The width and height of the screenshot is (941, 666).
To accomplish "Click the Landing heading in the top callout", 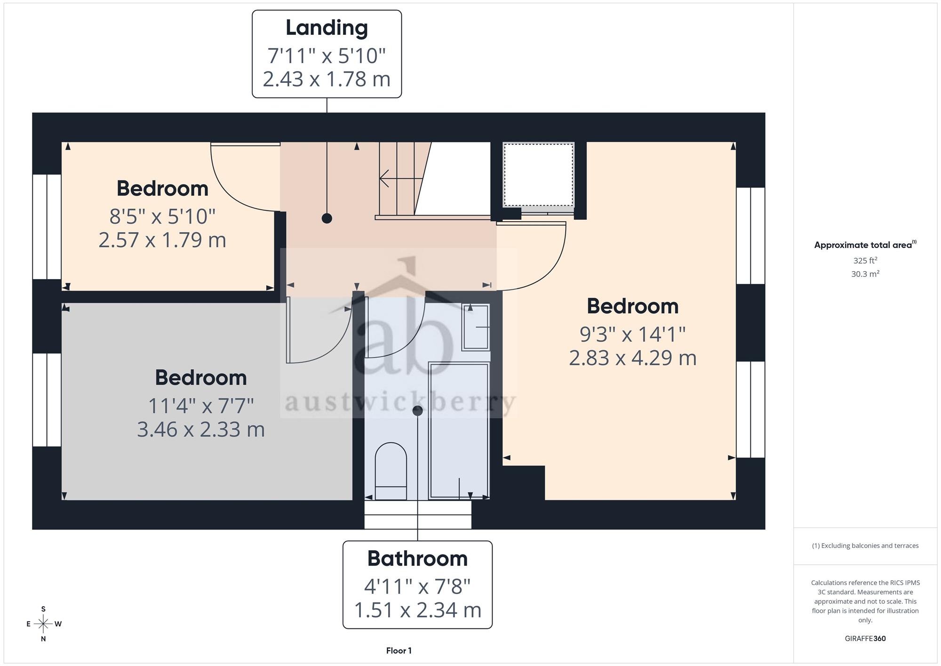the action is (327, 28).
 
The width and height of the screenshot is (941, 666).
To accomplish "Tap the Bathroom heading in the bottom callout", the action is (417, 559).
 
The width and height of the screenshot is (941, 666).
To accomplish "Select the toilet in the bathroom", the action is (391, 471).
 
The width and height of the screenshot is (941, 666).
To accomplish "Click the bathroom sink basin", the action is (476, 327).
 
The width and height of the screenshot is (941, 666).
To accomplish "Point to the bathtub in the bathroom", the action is (459, 430).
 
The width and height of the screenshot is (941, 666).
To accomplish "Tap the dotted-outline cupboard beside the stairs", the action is (538, 175).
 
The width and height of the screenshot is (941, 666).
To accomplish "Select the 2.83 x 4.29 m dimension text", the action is (632, 358).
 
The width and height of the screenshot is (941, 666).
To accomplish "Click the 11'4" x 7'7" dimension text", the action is (201, 406).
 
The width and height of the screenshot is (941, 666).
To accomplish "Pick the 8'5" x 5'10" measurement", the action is (162, 217).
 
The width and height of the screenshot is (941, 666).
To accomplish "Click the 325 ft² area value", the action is (865, 260).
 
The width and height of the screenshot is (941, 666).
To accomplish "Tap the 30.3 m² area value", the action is (865, 274).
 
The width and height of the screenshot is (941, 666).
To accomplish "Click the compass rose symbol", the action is (43, 624).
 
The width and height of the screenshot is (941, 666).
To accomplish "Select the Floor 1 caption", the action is (399, 651).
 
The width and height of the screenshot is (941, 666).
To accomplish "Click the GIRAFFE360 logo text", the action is (865, 639).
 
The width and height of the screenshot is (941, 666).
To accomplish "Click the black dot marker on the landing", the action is (327, 218).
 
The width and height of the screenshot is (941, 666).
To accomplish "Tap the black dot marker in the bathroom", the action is (417, 411).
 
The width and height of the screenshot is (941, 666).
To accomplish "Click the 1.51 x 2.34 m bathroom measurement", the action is (417, 610).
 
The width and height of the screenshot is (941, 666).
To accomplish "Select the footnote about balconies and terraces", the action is (865, 546).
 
